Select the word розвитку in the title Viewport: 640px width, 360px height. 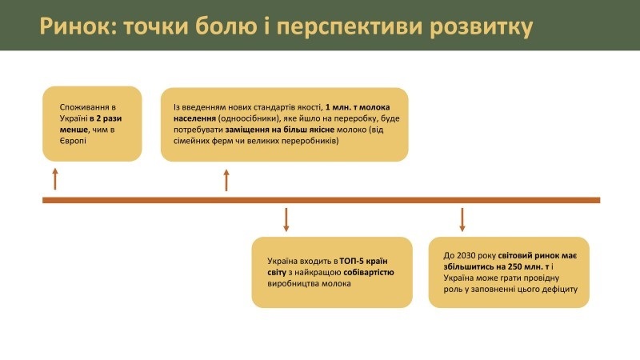click(482, 28)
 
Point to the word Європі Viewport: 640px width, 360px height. click(73, 141)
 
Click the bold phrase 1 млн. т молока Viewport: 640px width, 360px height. click(358, 107)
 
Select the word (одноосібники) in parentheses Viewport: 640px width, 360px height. click(250, 118)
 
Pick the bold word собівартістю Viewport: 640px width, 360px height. click(369, 272)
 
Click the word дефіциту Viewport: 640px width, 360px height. click(559, 290)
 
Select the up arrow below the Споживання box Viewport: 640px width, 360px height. click(55, 178)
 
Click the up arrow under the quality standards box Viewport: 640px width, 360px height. click(226, 181)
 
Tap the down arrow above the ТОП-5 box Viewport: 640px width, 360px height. click(286, 219)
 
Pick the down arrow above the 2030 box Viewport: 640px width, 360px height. click(462, 219)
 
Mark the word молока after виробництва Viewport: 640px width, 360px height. click(336, 284)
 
